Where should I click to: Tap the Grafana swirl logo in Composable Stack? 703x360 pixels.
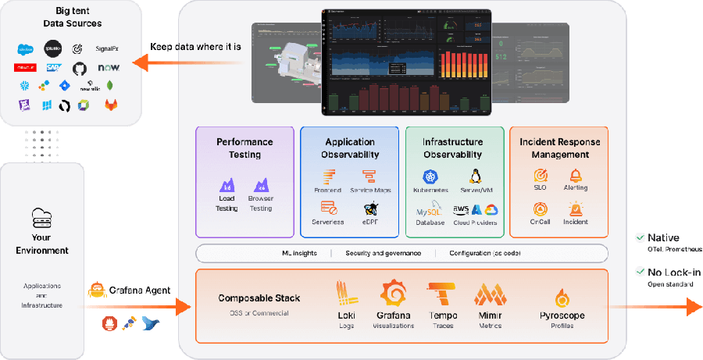[x=394, y=293]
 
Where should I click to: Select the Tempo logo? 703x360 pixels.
[x=442, y=294]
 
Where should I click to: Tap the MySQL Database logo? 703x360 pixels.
[x=429, y=210]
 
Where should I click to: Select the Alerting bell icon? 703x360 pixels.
[x=576, y=176]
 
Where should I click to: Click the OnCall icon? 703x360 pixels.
[x=539, y=209]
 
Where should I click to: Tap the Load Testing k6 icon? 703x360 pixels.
[x=226, y=186]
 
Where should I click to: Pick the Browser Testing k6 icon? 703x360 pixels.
[x=260, y=186]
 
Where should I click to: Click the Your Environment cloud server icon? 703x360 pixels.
[x=41, y=218]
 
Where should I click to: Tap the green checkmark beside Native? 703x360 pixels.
[x=640, y=237]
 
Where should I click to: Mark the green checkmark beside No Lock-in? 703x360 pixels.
[x=640, y=272]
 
